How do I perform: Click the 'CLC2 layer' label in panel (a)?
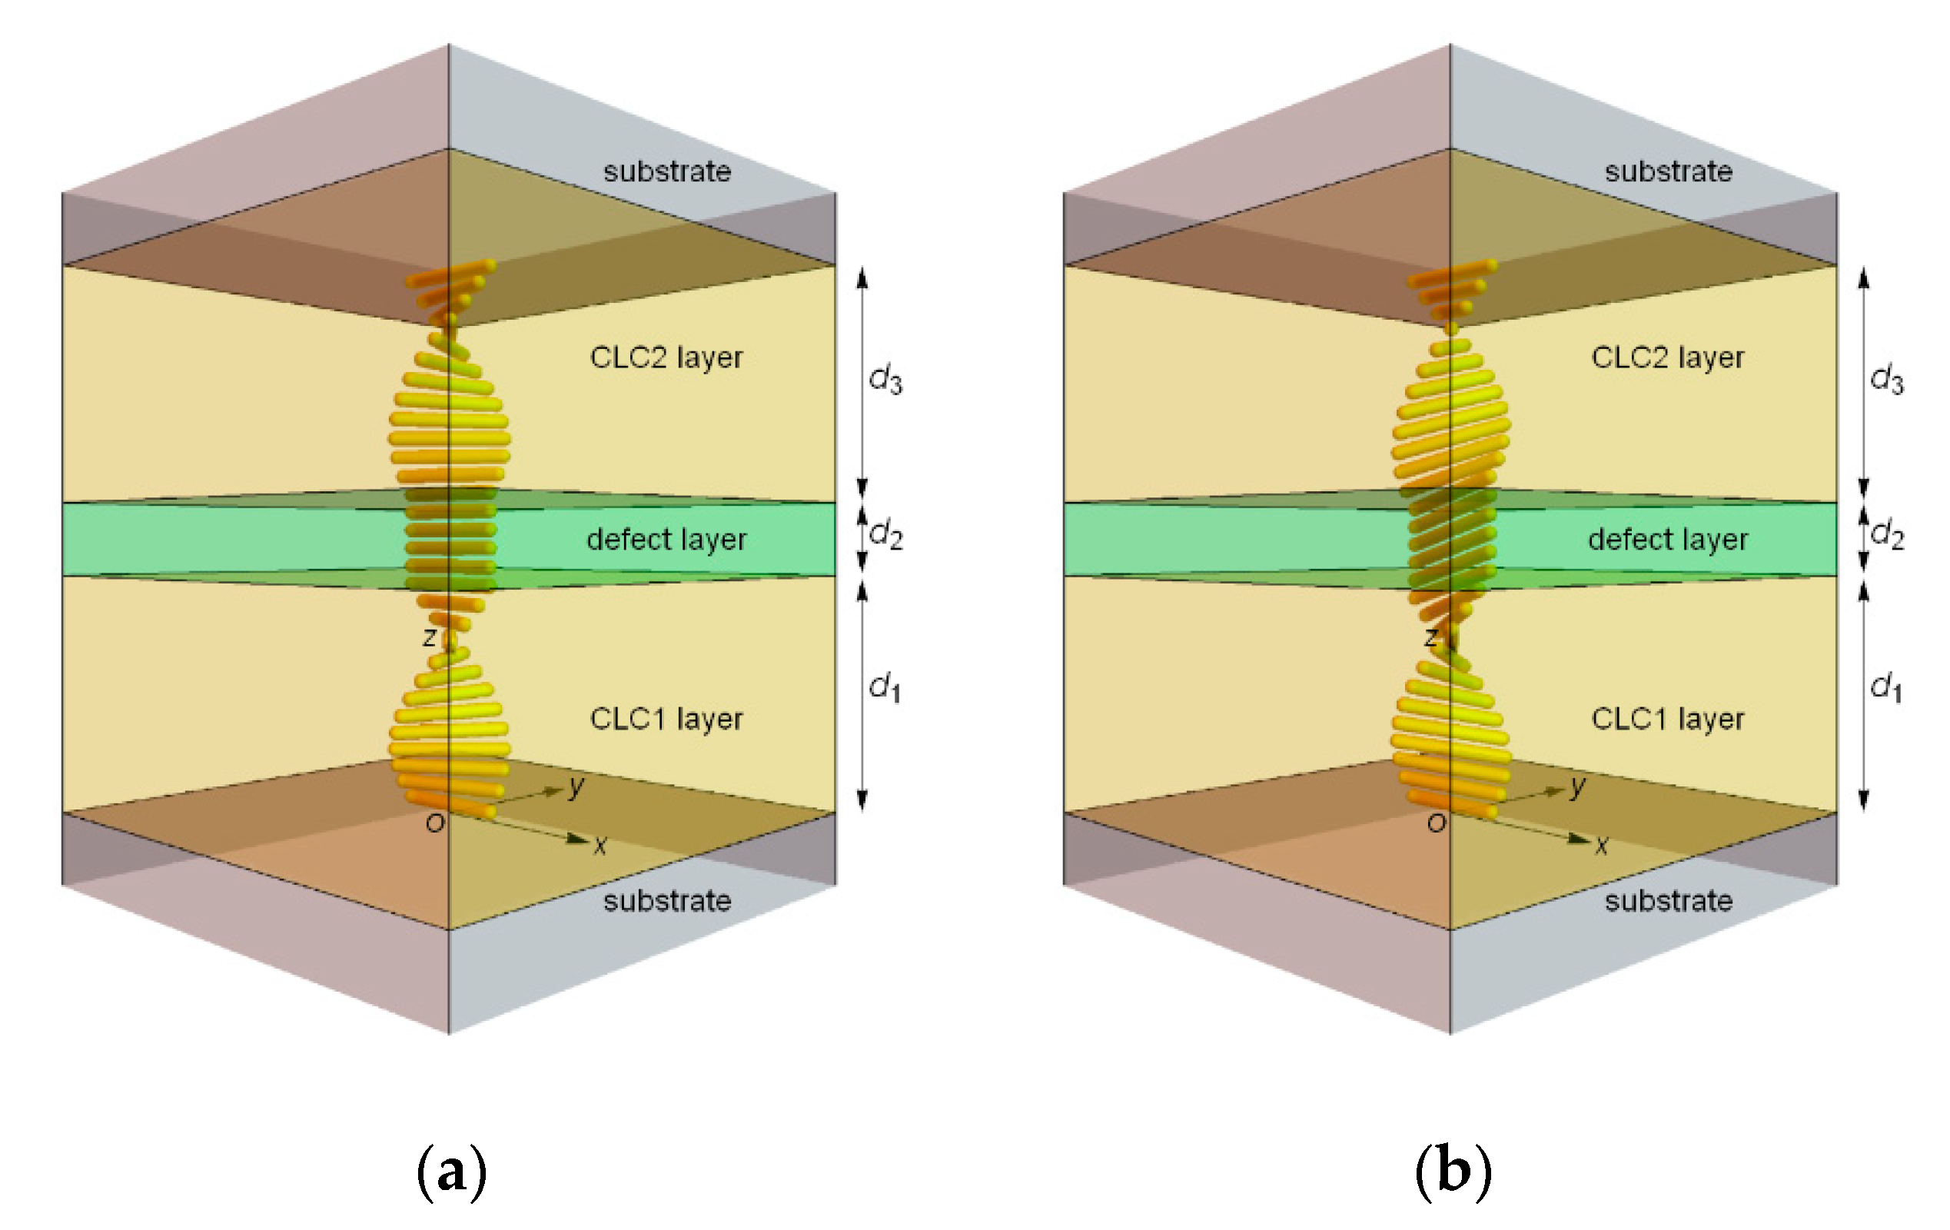666,357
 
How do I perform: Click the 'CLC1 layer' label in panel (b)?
1667,718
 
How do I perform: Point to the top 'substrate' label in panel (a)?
666,171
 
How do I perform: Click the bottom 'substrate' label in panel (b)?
1668,900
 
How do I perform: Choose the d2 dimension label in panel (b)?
1887,534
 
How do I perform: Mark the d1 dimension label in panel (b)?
1886,686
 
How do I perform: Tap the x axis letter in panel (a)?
600,846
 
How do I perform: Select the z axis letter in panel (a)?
429,637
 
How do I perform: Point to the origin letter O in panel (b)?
1436,823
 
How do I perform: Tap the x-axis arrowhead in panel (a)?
577,839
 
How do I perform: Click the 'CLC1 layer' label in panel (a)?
666,718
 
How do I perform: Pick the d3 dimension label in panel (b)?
1886,379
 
